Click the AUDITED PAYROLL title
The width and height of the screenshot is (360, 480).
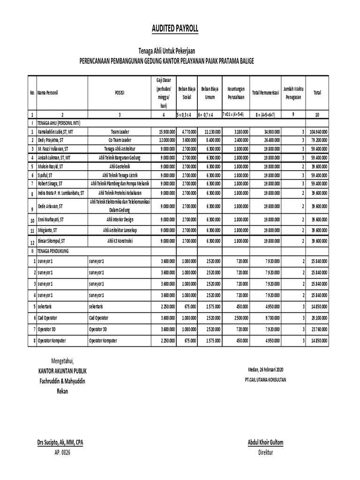(x=175, y=29)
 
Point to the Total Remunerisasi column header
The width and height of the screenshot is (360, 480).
(x=265, y=93)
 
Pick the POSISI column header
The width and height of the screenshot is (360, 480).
(x=120, y=93)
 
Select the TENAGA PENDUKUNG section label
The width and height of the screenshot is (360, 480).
(x=53, y=251)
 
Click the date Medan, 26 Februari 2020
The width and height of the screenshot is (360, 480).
(x=265, y=369)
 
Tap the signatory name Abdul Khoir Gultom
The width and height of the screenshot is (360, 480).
(x=265, y=442)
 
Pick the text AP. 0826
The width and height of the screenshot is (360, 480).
(x=62, y=453)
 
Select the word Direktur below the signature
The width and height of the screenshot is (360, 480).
(x=265, y=453)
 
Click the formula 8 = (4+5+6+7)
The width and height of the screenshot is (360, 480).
(x=265, y=114)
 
